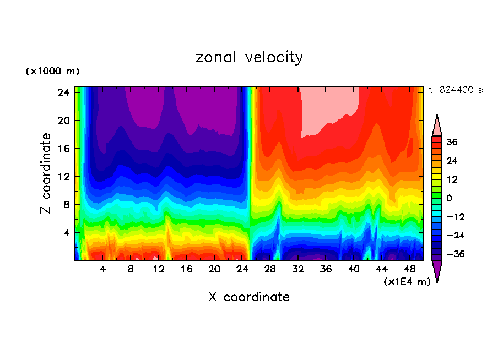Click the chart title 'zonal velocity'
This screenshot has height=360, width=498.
[249, 57]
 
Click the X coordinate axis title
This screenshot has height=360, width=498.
[249, 297]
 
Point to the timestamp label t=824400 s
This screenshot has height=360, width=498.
[456, 90]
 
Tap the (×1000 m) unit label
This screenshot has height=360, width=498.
[52, 72]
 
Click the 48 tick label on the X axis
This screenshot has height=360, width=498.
[409, 269]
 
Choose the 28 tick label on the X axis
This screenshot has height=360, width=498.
[270, 269]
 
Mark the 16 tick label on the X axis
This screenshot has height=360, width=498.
[186, 269]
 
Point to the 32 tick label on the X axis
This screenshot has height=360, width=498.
[298, 269]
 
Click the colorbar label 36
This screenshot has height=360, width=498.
[452, 142]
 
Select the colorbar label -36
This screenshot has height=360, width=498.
[454, 254]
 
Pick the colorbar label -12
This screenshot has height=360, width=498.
[454, 217]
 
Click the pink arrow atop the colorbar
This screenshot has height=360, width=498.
[437, 126]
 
